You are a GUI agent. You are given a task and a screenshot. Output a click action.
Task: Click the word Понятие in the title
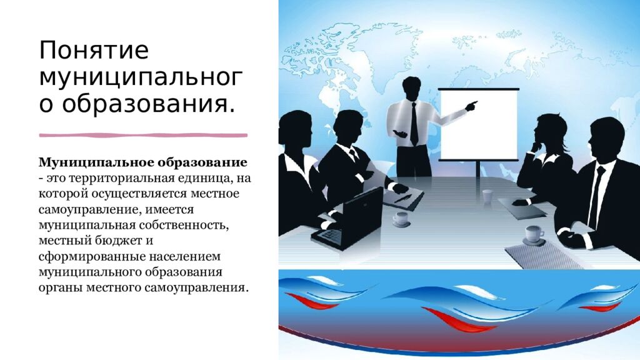pos(94,50)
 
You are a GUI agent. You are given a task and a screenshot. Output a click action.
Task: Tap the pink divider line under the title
pos(143,135)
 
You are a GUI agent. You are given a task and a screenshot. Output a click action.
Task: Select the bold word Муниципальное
pos(96,163)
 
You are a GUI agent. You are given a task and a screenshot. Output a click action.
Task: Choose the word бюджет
pos(117,241)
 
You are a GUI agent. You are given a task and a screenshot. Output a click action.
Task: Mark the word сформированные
pos(92,257)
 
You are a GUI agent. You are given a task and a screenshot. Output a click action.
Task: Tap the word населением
pos(184,257)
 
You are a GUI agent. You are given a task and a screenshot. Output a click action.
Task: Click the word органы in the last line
pos(61,288)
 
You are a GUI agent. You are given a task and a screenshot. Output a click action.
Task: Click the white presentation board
pos(478,125)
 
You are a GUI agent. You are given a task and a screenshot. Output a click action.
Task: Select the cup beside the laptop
pos(401,219)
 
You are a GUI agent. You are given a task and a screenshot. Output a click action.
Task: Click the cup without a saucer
pos(487,196)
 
